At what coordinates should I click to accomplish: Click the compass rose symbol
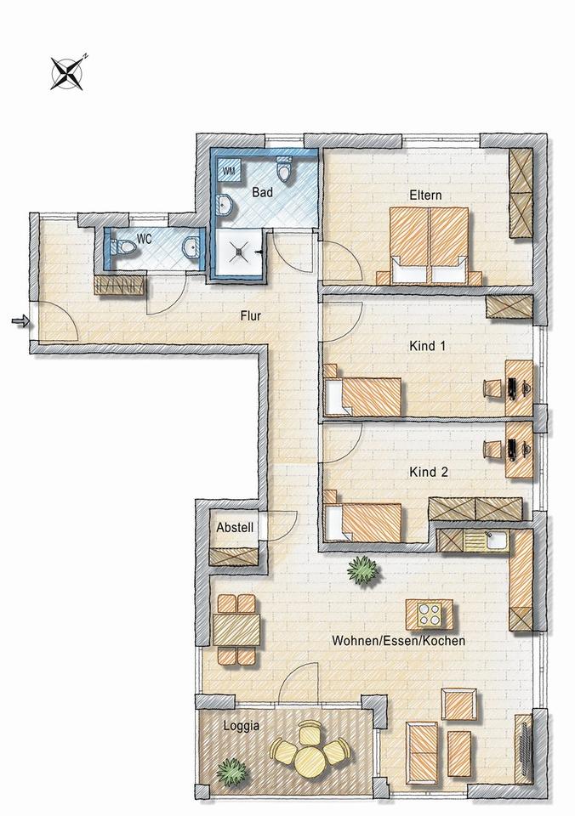click(67, 73)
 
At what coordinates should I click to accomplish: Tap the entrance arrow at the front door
click(20, 321)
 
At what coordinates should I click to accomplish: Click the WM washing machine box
click(229, 170)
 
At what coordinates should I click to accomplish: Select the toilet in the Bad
click(284, 170)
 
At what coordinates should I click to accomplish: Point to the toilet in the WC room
click(123, 247)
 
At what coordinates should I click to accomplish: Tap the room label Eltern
click(425, 195)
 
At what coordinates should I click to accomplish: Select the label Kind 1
click(428, 345)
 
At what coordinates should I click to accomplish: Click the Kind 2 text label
click(429, 472)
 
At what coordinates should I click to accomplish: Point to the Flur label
click(251, 315)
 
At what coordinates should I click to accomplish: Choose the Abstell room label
click(235, 527)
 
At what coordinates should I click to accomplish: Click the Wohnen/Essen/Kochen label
click(398, 641)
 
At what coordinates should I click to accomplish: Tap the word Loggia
click(242, 725)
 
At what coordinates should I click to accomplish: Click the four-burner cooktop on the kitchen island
click(430, 614)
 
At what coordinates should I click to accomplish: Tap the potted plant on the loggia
click(231, 772)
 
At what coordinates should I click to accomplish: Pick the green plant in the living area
click(363, 569)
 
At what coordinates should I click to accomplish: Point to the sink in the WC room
click(191, 246)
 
